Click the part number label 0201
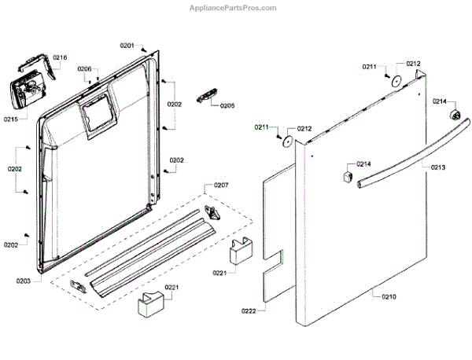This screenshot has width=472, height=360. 127,46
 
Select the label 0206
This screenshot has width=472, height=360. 85,69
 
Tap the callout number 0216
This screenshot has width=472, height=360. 60,57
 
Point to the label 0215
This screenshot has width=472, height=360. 11,119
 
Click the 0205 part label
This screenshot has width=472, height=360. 227,105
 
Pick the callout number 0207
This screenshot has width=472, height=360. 220,186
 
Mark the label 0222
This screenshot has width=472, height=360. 249,312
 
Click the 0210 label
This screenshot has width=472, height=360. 389,296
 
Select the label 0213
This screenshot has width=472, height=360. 437,167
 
